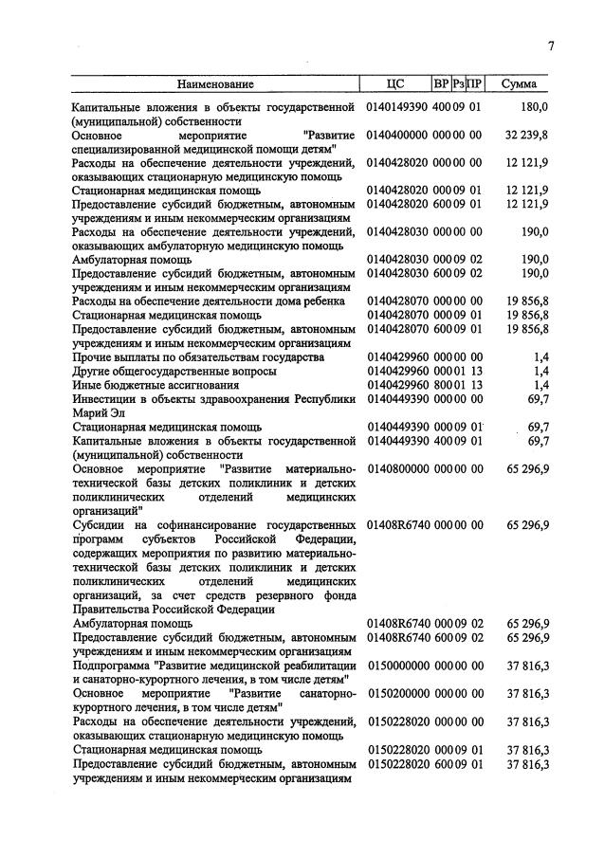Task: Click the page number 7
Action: click(x=550, y=48)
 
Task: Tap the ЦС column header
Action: click(x=396, y=84)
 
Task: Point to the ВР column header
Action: click(x=441, y=84)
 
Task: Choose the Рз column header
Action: click(x=459, y=84)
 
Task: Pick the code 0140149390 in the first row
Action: click(x=397, y=106)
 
